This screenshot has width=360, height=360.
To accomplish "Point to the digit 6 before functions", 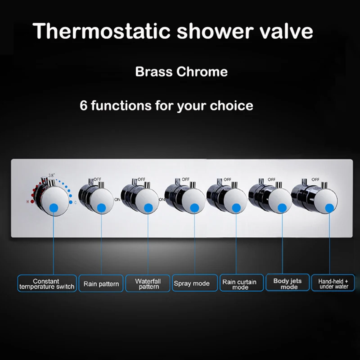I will (83, 106).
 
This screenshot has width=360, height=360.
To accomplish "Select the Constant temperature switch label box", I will (47, 284).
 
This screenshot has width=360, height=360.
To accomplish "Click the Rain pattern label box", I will (101, 284).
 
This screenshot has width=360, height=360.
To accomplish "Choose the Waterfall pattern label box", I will (148, 284).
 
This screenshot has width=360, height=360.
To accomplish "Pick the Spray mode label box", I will (192, 284).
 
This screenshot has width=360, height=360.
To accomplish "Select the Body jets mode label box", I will (288, 284).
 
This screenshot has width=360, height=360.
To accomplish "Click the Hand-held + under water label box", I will (333, 284).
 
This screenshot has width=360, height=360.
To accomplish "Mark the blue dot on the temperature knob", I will (54, 207).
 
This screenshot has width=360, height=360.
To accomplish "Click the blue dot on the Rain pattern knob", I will (101, 207).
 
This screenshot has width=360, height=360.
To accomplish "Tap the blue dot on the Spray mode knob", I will (194, 207).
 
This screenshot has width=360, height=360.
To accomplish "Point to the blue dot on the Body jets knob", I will (282, 207).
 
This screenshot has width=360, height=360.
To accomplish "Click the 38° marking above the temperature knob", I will (52, 175).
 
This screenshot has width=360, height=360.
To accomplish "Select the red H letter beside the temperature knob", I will (28, 202).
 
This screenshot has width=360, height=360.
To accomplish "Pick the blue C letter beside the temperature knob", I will (76, 203).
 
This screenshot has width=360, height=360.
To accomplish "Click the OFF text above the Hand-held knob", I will (316, 179).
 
